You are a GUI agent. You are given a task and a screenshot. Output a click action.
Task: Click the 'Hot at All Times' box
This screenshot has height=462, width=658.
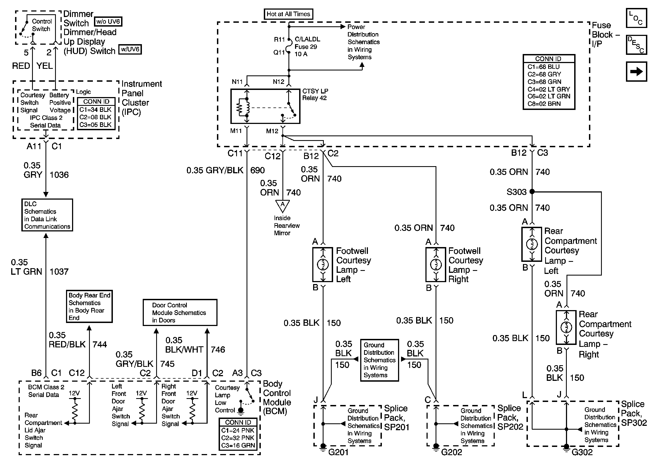288,14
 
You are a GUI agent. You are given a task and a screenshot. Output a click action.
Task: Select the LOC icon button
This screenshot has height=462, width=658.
636,18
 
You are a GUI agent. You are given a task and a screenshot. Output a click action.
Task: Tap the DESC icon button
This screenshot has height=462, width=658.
636,45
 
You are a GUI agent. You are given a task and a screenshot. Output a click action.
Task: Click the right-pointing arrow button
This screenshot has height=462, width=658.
636,71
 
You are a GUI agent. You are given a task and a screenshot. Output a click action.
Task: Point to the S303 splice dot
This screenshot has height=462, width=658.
532,191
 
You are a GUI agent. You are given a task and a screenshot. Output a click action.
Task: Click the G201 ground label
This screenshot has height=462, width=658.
338,452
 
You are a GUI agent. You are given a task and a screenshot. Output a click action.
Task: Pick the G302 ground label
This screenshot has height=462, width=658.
582,452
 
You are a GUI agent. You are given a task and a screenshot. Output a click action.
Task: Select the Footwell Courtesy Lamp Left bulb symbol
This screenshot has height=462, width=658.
323,264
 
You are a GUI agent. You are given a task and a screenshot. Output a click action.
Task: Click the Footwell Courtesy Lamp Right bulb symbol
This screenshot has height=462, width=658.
436,264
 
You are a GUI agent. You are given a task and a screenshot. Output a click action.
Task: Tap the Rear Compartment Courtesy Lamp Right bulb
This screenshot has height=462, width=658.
566,327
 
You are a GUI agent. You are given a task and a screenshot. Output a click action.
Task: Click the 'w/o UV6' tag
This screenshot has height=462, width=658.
108,21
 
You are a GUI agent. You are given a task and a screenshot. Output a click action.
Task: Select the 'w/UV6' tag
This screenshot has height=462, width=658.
130,49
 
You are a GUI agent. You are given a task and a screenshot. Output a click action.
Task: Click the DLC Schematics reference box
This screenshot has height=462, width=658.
47,215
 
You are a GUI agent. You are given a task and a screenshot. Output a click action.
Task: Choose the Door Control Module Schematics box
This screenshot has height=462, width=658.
180,313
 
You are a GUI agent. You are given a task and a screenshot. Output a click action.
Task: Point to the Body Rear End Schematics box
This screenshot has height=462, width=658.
89,306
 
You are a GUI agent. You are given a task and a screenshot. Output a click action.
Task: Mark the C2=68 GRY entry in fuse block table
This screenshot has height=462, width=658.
544,74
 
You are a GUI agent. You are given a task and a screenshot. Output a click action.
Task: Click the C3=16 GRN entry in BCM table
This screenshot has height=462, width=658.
238,445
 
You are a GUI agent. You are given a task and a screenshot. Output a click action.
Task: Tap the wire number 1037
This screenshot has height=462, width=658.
59,271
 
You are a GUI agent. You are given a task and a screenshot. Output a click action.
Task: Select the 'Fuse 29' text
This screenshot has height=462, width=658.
306,47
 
